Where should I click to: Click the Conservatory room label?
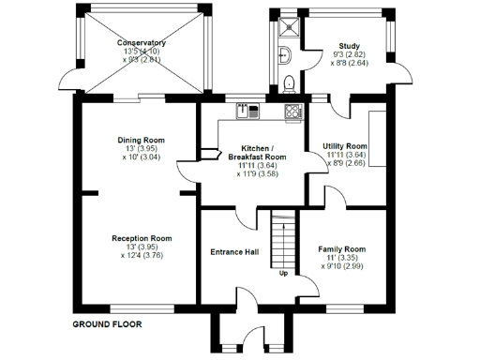coord(142,43)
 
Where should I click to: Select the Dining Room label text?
coord(142,140)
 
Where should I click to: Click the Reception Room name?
coord(142,238)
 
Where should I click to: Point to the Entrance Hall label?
coord(234,252)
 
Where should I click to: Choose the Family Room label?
coord(341,248)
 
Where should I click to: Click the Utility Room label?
coord(344,147)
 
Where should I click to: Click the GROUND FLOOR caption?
coord(106,324)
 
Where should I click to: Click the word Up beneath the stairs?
coord(283,274)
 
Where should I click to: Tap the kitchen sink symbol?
coord(247,111)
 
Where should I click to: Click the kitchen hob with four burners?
coord(293,112)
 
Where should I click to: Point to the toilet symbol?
coord(290,82)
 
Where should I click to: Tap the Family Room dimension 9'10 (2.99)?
coord(341,266)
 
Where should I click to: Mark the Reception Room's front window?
coord(141,307)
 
